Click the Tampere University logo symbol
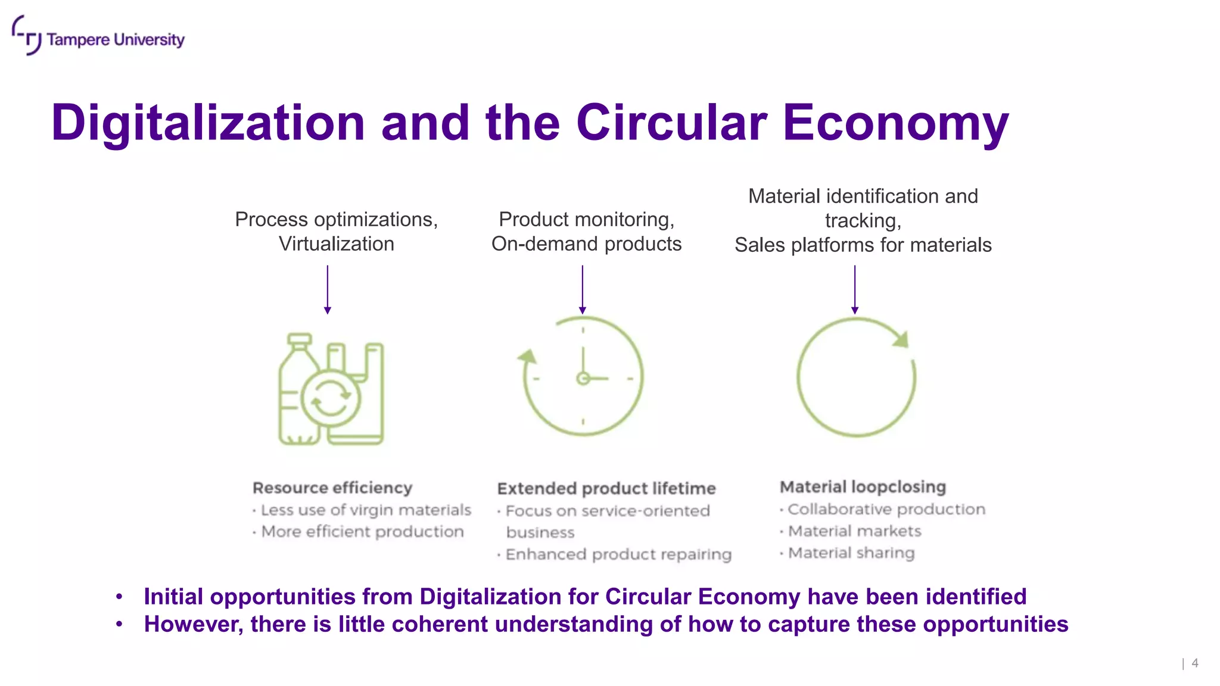point(26,35)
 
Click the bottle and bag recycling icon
point(331,389)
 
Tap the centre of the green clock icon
point(583,378)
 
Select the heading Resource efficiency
point(332,488)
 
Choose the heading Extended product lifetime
point(606,488)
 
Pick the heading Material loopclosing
point(863,487)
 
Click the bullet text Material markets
point(854,531)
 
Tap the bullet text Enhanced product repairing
point(618,554)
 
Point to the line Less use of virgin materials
point(366,510)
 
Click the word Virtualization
point(337,244)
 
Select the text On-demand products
point(586,244)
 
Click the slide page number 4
point(1194,663)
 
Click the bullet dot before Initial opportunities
point(120,596)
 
